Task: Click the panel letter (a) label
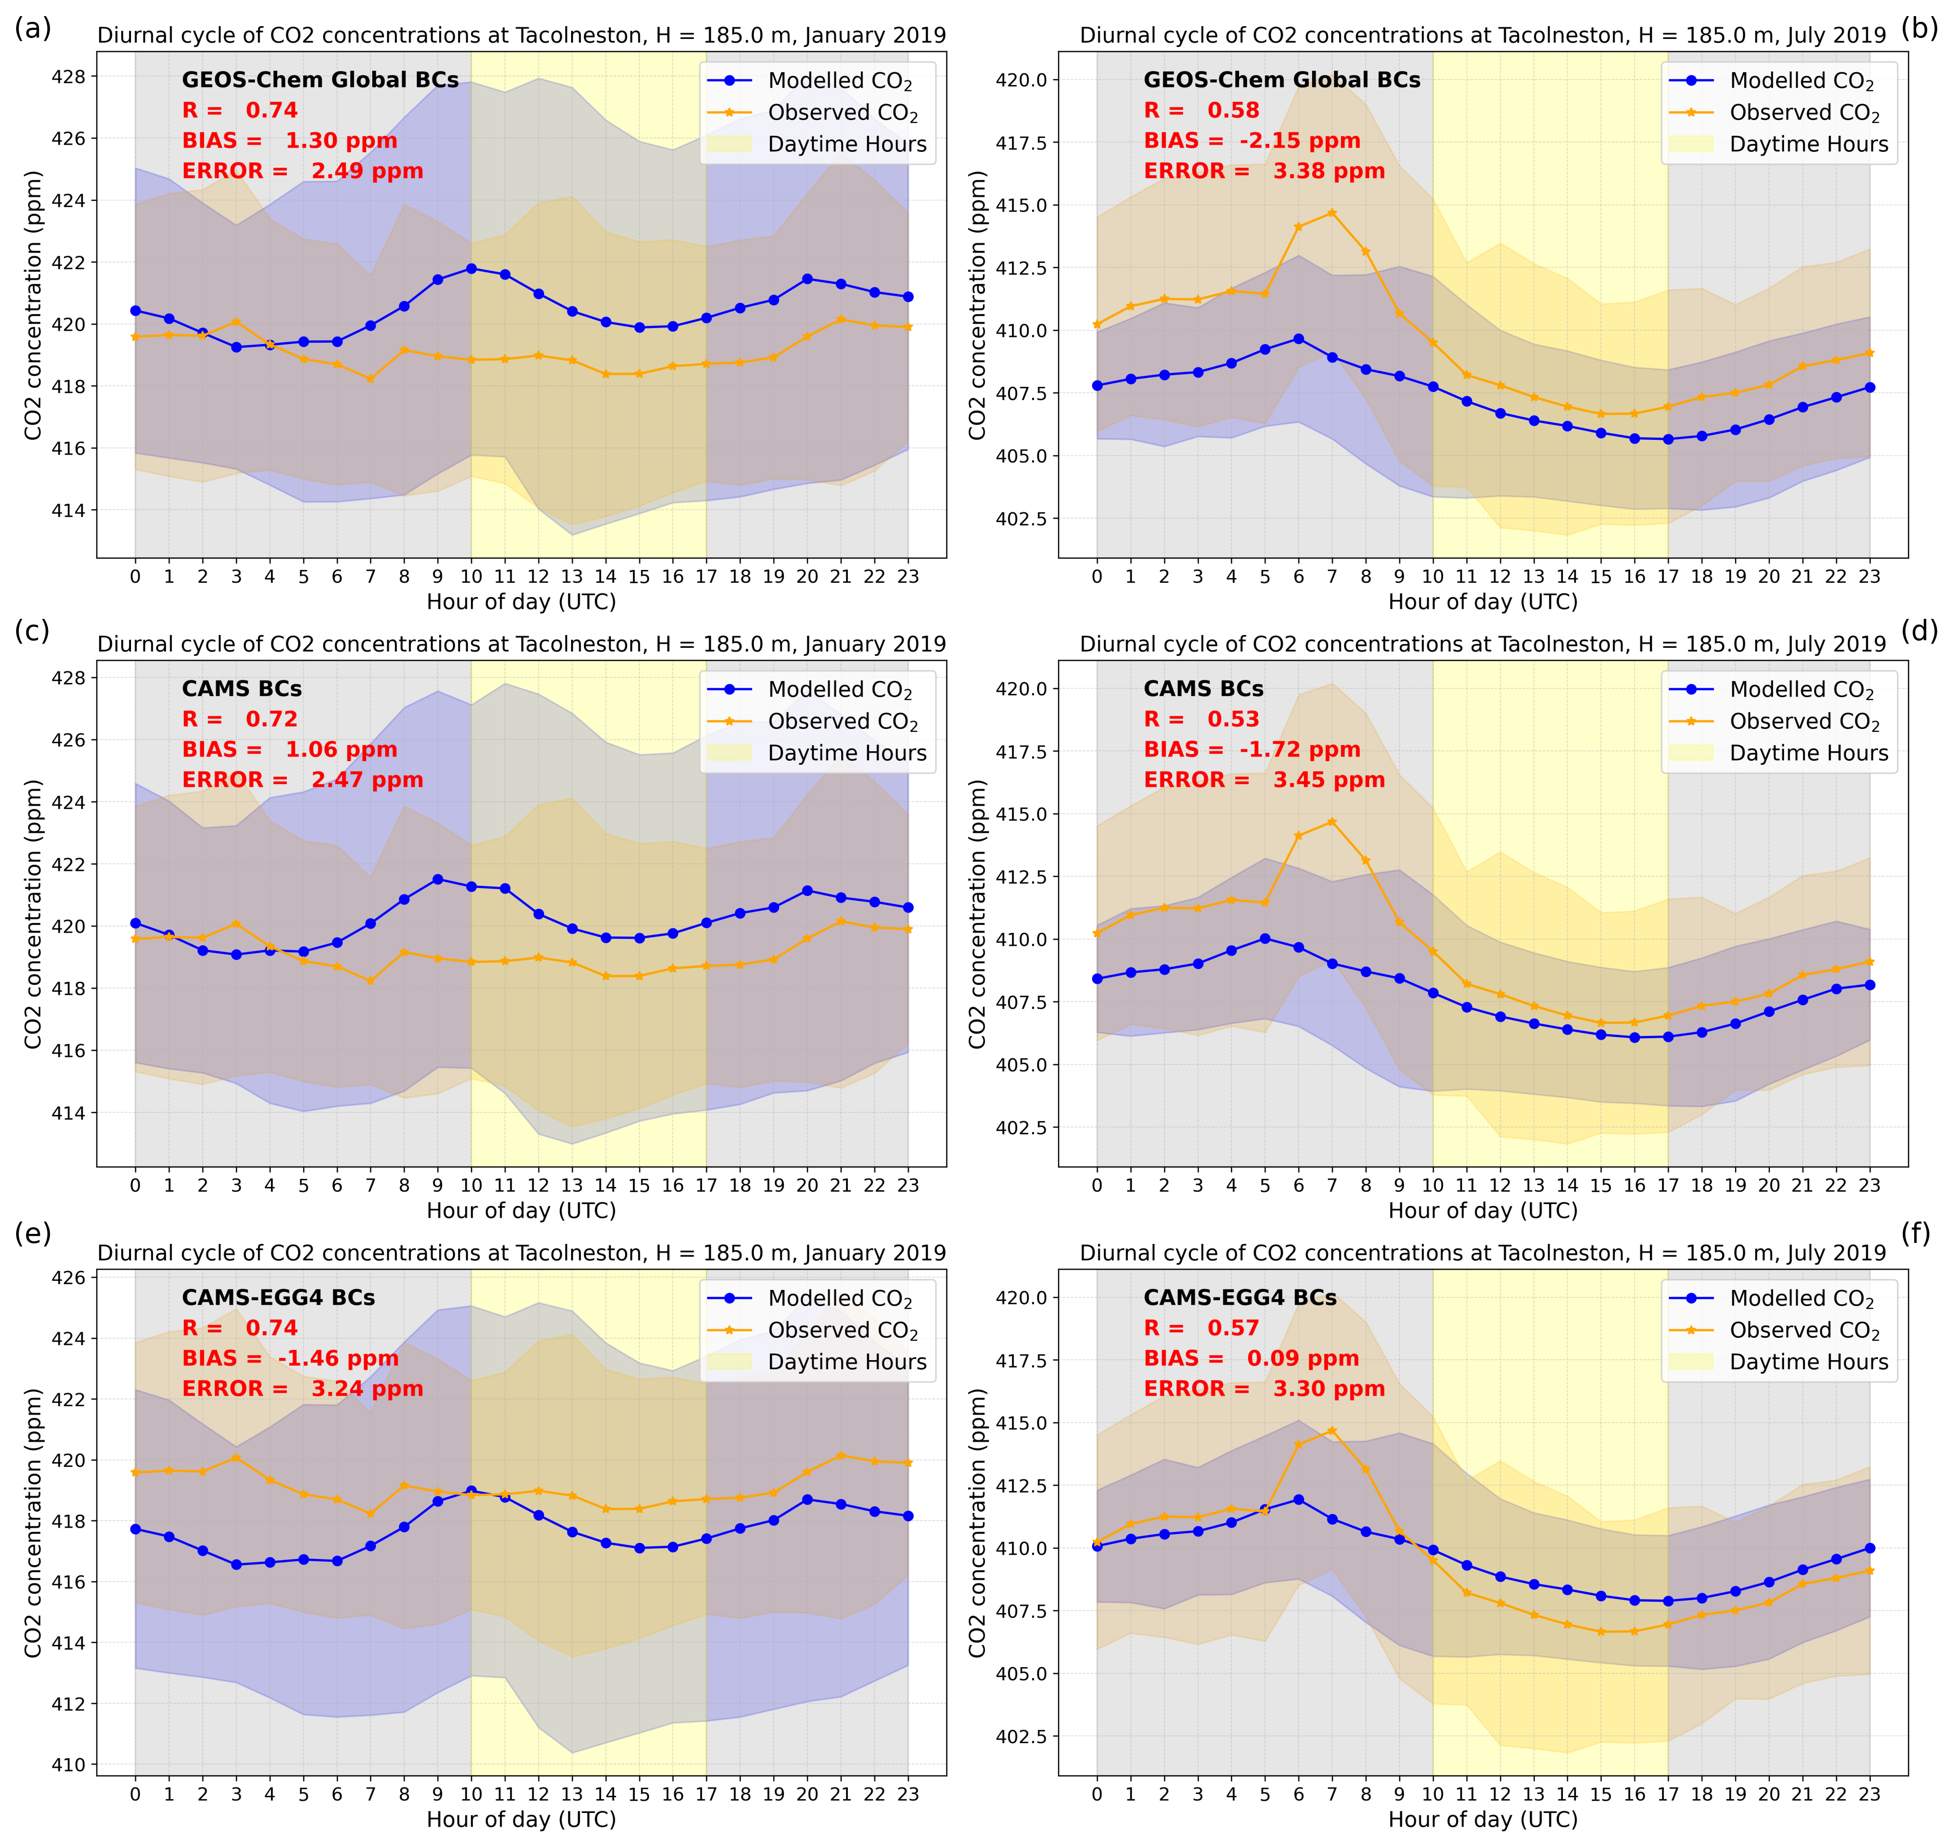point(32,28)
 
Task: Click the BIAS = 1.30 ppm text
point(290,141)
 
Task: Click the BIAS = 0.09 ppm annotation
point(1251,1358)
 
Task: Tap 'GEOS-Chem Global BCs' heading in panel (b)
point(1281,80)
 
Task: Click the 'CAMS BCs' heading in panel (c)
point(242,689)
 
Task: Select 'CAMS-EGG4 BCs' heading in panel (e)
point(278,1297)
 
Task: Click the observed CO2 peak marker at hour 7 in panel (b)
point(1331,213)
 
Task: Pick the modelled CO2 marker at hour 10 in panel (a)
point(471,268)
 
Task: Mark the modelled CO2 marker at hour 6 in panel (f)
point(1298,1499)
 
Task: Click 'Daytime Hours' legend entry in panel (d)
point(1808,753)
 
